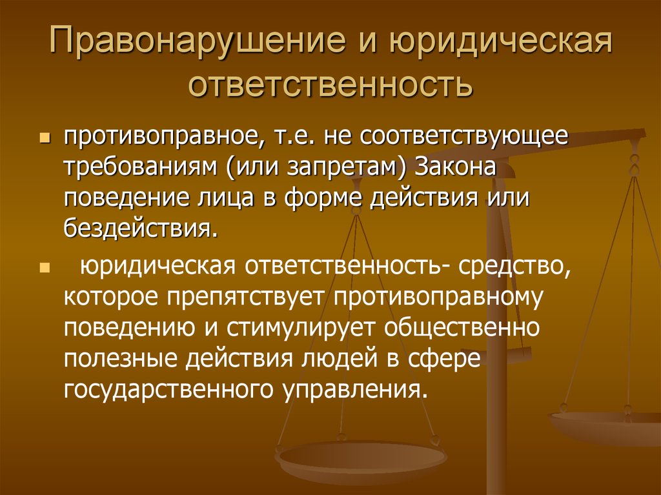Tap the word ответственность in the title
[x=330, y=83]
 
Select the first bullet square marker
[x=45, y=137]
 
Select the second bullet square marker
[x=45, y=268]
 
